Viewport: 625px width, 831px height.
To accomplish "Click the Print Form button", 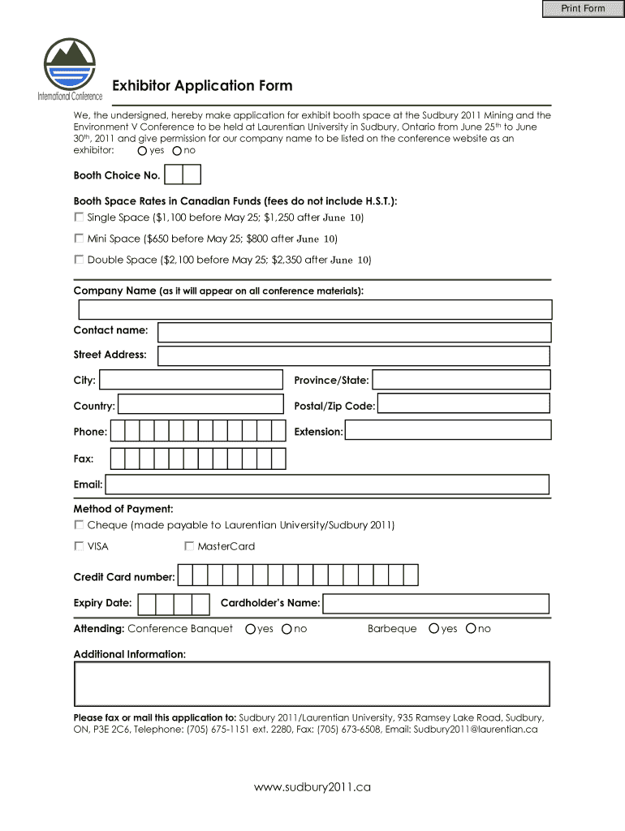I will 583,9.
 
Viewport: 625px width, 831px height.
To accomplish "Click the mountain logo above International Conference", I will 69,66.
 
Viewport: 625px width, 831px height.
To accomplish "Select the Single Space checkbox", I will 79,217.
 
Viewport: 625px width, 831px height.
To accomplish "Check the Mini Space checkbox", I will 79,239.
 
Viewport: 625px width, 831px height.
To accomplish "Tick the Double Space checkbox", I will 79,260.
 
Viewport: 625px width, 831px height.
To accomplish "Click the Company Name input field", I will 315,310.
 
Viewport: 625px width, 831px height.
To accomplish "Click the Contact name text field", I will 354,332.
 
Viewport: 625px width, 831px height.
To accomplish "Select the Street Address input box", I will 354,355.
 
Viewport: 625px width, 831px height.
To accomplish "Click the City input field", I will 191,380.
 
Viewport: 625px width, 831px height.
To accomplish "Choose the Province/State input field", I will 461,380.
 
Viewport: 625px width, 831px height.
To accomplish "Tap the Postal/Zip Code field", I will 463,405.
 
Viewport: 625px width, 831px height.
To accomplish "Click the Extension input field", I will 447,431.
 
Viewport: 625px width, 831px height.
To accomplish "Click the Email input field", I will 327,484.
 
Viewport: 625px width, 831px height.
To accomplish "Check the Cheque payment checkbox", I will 79,525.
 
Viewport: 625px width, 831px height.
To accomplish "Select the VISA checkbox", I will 79,546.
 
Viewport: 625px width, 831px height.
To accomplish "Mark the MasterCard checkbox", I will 189,546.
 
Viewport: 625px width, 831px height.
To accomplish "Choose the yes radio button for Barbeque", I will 434,629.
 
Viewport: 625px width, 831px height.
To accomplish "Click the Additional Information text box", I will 312,684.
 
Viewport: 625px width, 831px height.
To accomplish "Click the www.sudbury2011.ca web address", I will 312,787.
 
